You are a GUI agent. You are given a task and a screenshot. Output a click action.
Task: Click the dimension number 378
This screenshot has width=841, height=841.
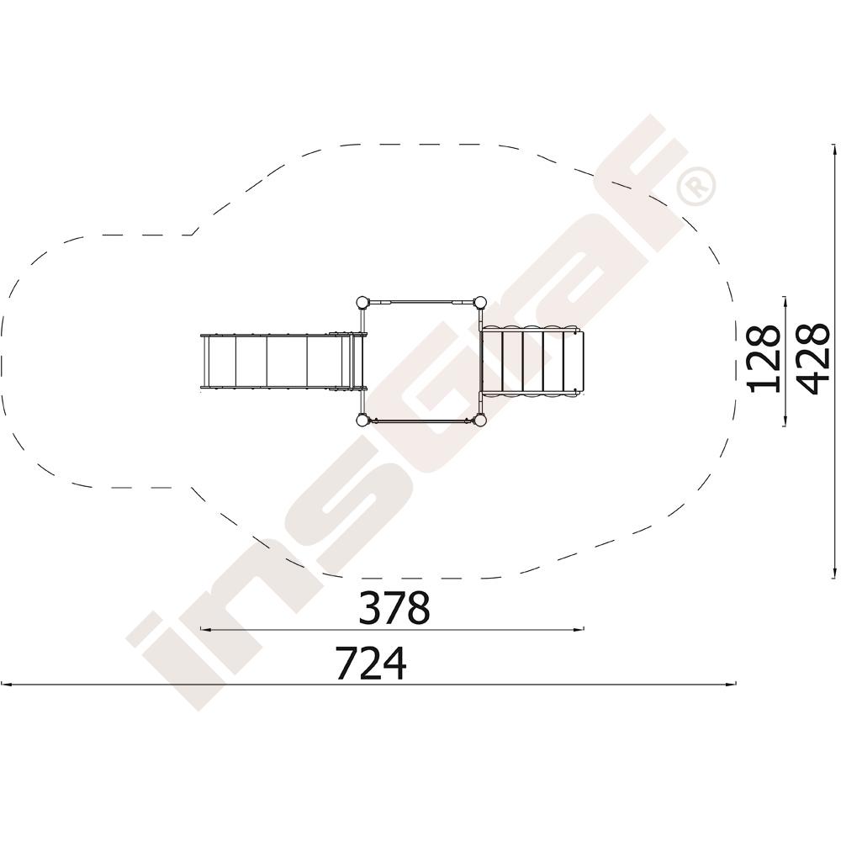click(x=394, y=608)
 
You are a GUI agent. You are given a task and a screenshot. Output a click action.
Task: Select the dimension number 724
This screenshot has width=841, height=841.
click(x=371, y=663)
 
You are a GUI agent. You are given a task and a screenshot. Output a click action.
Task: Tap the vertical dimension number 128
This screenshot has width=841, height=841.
click(x=764, y=359)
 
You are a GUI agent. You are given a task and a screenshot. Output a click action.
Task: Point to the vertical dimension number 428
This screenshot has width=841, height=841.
click(x=813, y=357)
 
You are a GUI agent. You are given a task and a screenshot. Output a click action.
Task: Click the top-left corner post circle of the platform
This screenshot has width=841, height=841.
click(x=362, y=302)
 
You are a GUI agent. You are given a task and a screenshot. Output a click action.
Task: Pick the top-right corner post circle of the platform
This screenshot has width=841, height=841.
click(x=480, y=302)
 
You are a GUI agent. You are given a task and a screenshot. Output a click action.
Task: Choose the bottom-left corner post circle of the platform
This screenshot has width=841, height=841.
click(x=362, y=420)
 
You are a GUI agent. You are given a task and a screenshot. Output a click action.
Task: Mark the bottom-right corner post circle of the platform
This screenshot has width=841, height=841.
click(x=480, y=420)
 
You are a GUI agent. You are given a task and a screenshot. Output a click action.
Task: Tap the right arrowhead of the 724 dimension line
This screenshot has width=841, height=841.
click(x=732, y=685)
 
